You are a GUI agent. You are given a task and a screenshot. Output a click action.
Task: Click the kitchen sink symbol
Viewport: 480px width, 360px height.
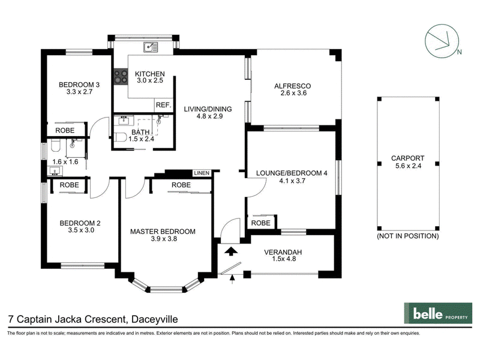(x=151, y=47)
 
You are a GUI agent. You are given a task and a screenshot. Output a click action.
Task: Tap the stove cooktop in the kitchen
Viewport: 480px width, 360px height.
(x=121, y=77)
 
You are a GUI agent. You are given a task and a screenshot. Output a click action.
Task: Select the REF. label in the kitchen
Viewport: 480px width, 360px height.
(x=163, y=105)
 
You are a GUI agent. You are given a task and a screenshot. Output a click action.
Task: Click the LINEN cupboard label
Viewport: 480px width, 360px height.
(x=202, y=173)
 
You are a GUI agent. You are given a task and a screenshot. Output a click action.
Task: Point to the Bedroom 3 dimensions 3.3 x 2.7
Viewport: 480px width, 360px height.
(x=80, y=92)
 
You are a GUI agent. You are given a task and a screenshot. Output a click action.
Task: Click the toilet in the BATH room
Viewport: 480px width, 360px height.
(x=121, y=137)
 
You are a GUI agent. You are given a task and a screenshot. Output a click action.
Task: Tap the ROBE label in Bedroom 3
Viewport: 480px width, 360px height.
(x=65, y=130)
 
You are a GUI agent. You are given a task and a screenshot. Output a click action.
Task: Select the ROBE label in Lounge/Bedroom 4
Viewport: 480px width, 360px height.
(x=261, y=223)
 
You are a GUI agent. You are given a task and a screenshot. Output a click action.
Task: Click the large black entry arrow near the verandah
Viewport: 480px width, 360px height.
(x=231, y=251)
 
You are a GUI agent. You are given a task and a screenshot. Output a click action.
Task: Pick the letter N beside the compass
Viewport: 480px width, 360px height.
(x=459, y=52)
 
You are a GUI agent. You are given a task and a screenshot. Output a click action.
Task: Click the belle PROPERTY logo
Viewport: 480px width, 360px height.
(x=438, y=313)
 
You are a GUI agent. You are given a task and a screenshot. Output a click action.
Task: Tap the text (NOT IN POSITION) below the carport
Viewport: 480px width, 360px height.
(x=408, y=236)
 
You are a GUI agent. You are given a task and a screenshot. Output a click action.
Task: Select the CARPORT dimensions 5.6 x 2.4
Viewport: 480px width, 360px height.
(x=408, y=166)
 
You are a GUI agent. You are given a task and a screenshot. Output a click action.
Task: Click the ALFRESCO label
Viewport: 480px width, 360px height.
(x=293, y=86)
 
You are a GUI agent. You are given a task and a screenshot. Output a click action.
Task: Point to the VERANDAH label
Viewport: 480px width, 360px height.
(x=283, y=252)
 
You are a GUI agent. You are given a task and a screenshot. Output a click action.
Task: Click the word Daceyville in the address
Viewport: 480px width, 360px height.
(x=155, y=319)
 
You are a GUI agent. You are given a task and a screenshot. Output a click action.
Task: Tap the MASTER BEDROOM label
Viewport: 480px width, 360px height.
(x=163, y=232)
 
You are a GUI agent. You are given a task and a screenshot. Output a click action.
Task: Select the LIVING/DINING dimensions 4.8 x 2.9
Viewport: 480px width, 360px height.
(x=209, y=116)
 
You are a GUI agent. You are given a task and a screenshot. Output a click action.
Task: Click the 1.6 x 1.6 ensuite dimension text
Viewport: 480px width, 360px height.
(x=65, y=161)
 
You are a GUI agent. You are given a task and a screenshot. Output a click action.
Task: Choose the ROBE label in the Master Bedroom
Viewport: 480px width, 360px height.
(x=181, y=185)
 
